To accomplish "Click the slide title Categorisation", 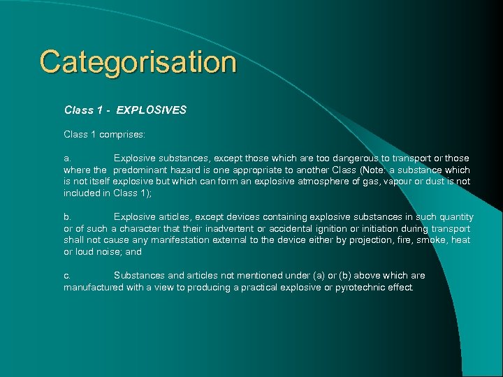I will (138, 62).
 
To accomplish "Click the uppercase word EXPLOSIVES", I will (152, 110).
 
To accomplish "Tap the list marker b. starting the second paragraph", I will (68, 217).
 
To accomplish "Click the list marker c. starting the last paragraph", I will (68, 276).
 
